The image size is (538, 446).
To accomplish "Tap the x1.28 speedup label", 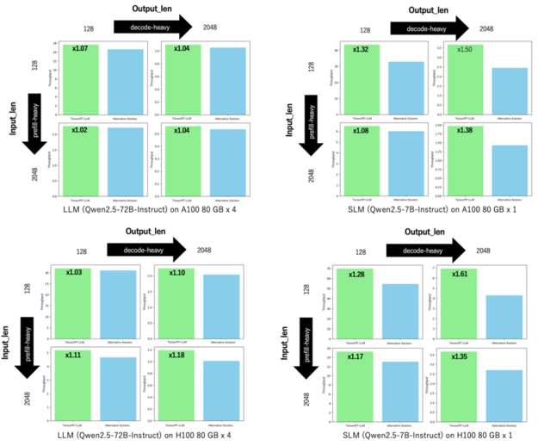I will [x=359, y=275].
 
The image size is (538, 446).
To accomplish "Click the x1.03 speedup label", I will [x=78, y=272].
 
